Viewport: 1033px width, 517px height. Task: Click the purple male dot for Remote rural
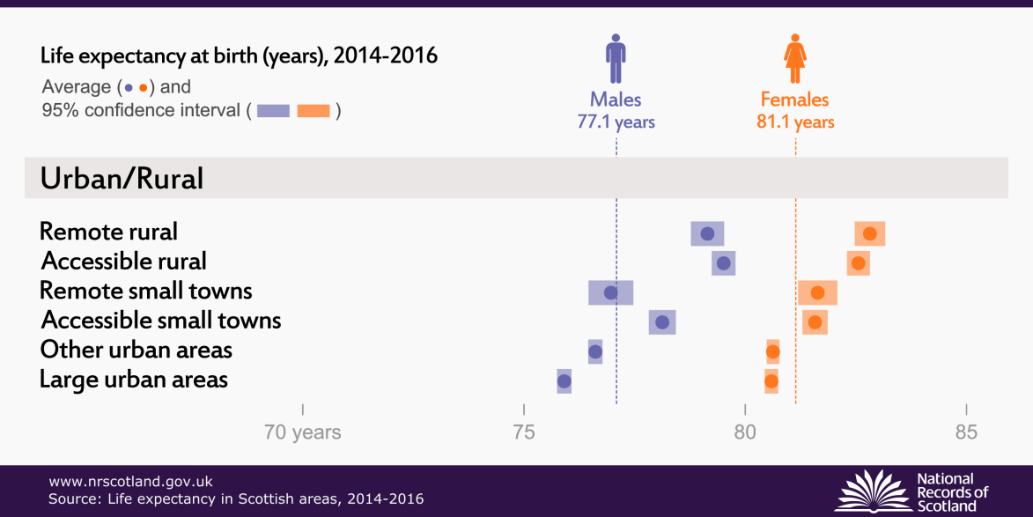pos(707,233)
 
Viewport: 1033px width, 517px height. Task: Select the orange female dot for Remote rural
pos(870,233)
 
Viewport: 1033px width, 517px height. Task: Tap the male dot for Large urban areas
pos(564,381)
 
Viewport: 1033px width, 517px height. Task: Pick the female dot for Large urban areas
pos(771,381)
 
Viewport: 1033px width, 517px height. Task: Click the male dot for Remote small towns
pos(610,292)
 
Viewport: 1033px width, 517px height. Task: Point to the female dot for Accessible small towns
pos(815,322)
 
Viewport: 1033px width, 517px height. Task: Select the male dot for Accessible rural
pos(724,262)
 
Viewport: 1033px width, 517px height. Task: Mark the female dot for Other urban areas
pos(772,352)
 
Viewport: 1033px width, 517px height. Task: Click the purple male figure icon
pos(616,59)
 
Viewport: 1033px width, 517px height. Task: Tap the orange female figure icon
pos(795,59)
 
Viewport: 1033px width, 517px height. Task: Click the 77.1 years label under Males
pos(616,122)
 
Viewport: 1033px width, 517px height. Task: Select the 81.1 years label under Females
pos(795,122)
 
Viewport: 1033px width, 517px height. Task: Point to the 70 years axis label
pos(303,432)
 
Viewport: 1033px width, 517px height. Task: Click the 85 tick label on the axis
pos(966,432)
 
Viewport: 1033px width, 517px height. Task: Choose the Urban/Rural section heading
pos(122,179)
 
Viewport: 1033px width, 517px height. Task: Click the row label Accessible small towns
pos(161,320)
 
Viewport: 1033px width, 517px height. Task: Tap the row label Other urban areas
pos(137,350)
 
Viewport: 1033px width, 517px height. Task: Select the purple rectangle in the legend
pos(274,111)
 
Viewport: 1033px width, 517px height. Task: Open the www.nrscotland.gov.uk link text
pos(130,482)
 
